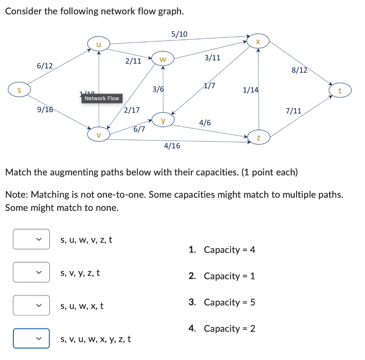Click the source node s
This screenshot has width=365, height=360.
pyautogui.click(x=19, y=90)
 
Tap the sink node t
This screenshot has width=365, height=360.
pyautogui.click(x=340, y=91)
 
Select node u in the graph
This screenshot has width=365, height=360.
pyautogui.click(x=99, y=44)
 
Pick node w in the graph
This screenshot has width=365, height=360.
pyautogui.click(x=163, y=59)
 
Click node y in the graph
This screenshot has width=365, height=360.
pyautogui.click(x=163, y=120)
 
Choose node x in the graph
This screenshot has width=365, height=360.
pyautogui.click(x=258, y=41)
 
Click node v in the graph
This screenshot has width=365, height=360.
pyautogui.click(x=99, y=135)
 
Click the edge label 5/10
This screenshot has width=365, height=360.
pyautogui.click(x=179, y=34)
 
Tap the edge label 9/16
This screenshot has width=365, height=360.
pyautogui.click(x=45, y=110)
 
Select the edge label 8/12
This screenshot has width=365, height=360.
pyautogui.click(x=299, y=70)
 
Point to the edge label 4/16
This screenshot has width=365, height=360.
pyautogui.click(x=172, y=146)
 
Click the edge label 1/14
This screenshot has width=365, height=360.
pyautogui.click(x=250, y=90)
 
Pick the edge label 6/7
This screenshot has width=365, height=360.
pyautogui.click(x=139, y=129)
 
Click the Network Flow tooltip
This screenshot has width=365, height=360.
pyautogui.click(x=102, y=98)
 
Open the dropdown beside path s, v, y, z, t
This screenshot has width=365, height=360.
pyautogui.click(x=31, y=273)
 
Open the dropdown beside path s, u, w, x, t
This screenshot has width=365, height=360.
pyautogui.click(x=31, y=305)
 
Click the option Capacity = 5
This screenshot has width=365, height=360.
pyautogui.click(x=229, y=302)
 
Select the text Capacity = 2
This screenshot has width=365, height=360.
pyautogui.click(x=229, y=328)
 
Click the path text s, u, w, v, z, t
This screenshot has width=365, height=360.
pyautogui.click(x=86, y=240)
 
